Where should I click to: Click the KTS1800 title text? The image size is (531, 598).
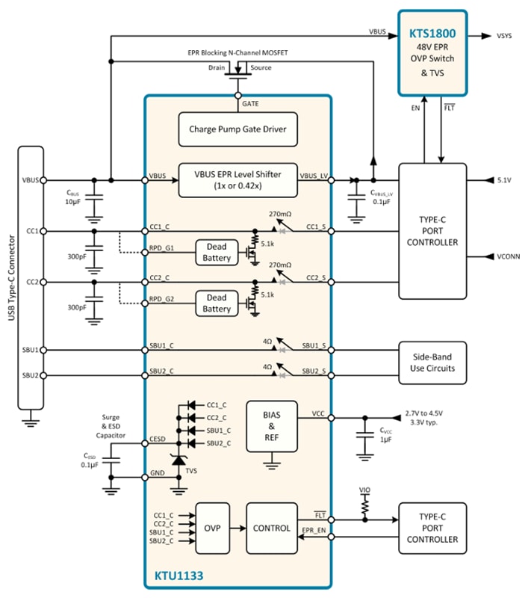(432, 34)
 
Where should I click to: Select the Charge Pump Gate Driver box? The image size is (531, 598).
(237, 129)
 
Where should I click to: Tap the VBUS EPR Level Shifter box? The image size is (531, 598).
(237, 179)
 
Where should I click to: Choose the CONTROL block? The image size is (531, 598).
(271, 528)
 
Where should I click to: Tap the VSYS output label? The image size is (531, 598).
(505, 35)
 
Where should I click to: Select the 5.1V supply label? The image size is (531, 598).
(505, 180)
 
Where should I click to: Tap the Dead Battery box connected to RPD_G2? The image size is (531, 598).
(217, 303)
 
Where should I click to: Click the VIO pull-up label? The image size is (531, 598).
(365, 491)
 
